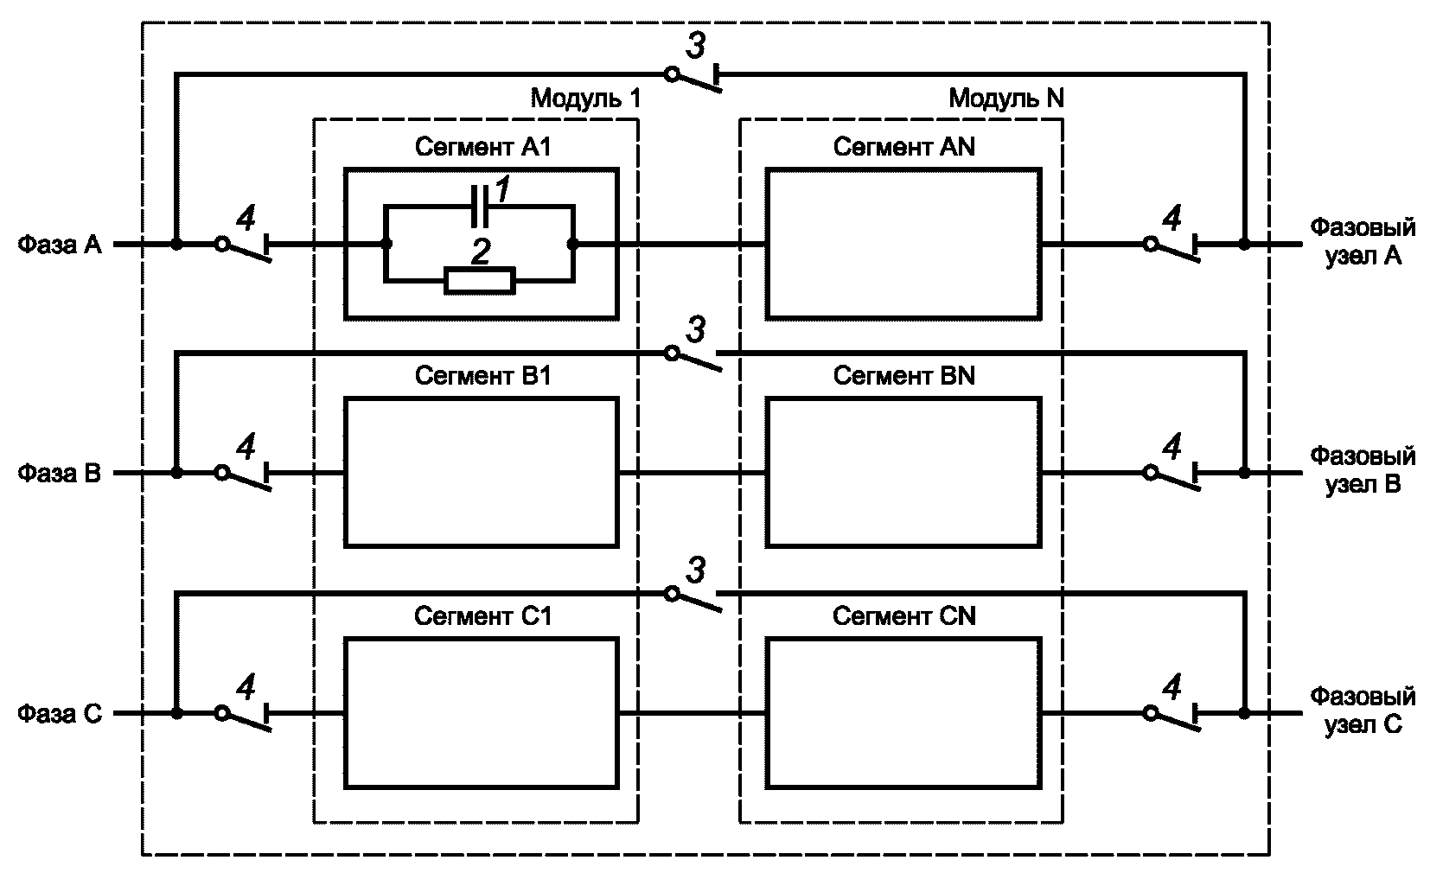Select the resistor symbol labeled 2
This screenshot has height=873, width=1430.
(480, 281)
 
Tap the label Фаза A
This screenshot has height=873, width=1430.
(60, 245)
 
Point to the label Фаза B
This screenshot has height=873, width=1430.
(60, 474)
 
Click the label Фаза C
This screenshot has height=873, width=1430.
(60, 714)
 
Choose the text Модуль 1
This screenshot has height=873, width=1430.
(585, 99)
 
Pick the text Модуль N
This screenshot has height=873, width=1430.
(1006, 99)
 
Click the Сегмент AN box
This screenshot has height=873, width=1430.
(903, 245)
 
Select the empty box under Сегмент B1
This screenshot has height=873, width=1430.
(482, 472)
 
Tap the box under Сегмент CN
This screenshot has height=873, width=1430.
(903, 713)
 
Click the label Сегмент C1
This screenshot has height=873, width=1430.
(482, 616)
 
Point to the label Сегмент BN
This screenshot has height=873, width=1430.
(903, 376)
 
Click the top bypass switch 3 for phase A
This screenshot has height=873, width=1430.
(695, 78)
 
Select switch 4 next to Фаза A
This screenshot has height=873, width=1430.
(246, 247)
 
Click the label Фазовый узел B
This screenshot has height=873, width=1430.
(1363, 469)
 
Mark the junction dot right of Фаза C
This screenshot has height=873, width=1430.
(176, 714)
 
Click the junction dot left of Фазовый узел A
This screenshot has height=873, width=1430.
(1244, 245)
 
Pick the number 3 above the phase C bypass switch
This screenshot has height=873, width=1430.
(695, 570)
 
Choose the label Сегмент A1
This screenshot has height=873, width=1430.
(482, 147)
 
